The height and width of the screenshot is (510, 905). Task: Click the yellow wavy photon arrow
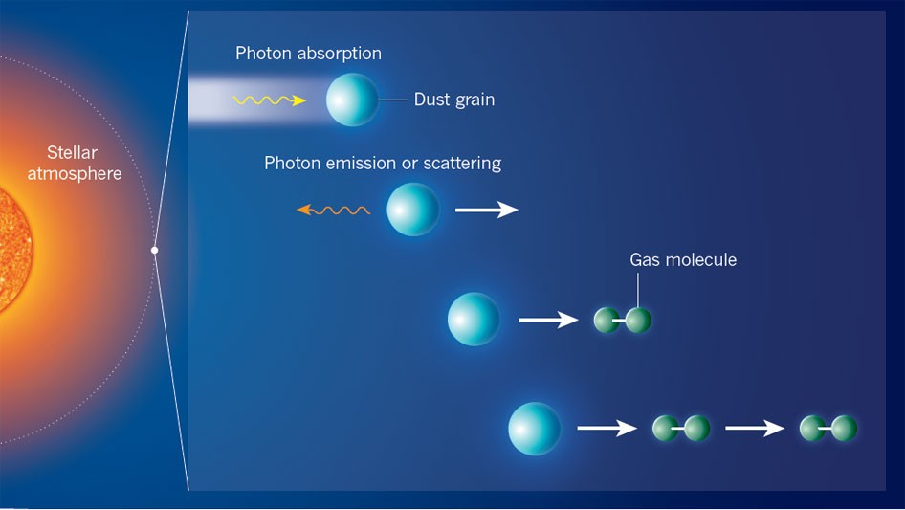click(269, 100)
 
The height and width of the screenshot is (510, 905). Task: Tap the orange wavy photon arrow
click(333, 211)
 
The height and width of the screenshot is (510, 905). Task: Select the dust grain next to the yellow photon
click(352, 100)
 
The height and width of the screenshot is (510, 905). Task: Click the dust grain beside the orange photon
click(412, 210)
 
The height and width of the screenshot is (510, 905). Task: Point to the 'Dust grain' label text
click(454, 100)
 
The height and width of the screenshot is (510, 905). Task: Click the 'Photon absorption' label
click(308, 54)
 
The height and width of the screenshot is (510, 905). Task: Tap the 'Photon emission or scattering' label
click(383, 163)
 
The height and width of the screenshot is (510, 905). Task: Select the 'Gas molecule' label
click(683, 260)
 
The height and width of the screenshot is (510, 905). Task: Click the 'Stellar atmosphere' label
click(75, 163)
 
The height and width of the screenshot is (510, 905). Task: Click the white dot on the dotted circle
click(154, 250)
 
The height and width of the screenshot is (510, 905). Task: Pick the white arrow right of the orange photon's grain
click(487, 210)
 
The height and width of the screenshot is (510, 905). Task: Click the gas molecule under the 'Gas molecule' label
click(622, 320)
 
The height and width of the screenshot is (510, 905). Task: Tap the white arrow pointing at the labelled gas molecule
click(548, 320)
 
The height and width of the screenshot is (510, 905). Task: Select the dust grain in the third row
click(474, 319)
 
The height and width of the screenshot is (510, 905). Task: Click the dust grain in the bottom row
click(535, 429)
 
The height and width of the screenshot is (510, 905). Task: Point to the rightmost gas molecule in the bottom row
click(828, 429)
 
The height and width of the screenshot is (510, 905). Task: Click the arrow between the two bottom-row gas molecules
click(755, 428)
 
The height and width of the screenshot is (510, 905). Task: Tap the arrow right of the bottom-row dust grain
click(607, 428)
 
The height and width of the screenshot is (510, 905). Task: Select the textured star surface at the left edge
click(15, 250)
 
